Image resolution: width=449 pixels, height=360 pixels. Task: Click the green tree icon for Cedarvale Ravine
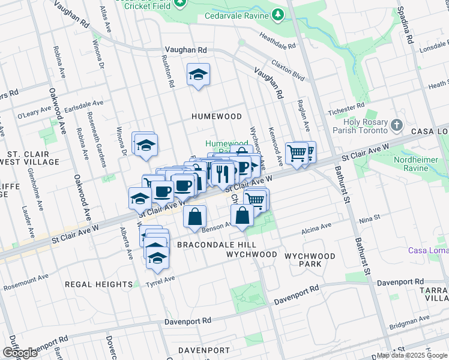coord(277,14)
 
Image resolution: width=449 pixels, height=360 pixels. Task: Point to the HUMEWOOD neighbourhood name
coord(217,116)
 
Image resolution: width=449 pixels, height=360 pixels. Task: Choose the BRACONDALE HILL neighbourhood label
coord(216,245)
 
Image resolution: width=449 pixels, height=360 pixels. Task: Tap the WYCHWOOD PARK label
coord(310,260)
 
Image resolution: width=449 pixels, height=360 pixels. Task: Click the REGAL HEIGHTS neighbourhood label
coord(98,284)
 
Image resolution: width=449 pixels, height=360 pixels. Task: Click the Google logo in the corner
coord(20,353)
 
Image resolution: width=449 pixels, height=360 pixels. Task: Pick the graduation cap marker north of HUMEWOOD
coord(198,74)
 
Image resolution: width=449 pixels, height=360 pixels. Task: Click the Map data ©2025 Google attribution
coord(411,355)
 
